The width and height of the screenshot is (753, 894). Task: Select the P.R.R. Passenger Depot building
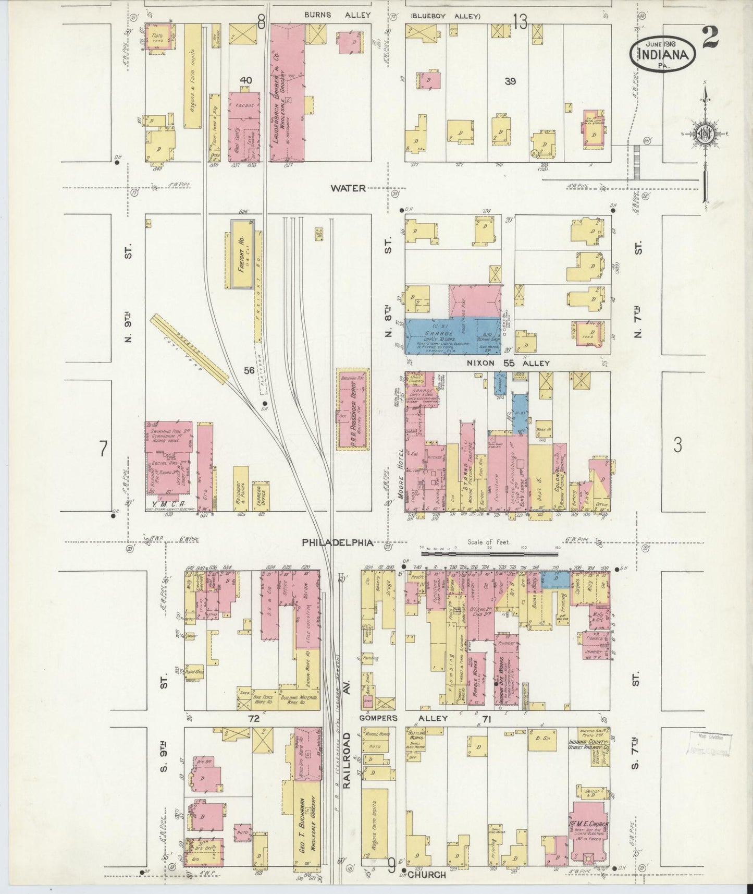(353, 412)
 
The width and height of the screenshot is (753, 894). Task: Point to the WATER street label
(348, 188)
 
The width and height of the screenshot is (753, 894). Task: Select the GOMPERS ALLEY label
(404, 718)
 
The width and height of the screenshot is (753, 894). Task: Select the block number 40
(245, 80)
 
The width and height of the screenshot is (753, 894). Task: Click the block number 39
(510, 81)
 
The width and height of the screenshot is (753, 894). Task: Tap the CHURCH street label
(427, 875)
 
